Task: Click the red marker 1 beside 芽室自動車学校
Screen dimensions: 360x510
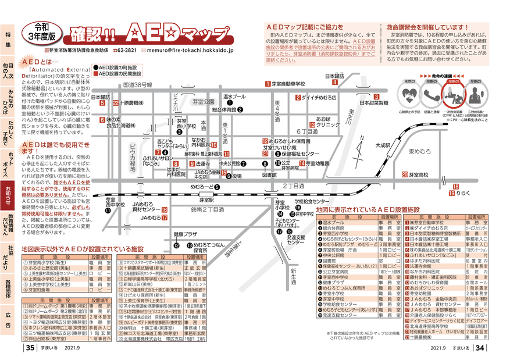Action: tap(268, 84)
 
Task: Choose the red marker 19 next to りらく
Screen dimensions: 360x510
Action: tap(451, 191)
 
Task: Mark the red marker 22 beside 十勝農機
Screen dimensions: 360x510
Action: tap(116, 103)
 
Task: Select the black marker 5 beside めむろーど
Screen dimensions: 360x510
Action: tap(216, 187)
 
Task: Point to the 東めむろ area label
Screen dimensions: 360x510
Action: tap(419, 152)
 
